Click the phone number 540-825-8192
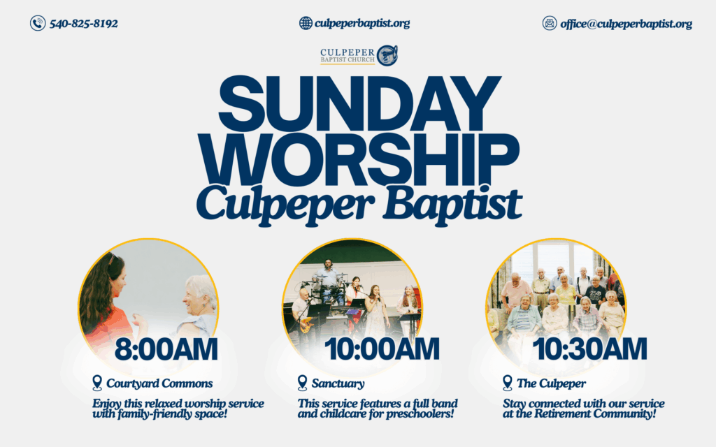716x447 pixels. point(84,23)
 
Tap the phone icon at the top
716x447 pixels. point(38,23)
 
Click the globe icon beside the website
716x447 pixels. point(306,23)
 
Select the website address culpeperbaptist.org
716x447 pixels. point(362,23)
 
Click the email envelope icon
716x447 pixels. point(550,23)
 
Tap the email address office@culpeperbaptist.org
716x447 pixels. point(626,24)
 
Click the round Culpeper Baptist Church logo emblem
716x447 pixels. point(387,55)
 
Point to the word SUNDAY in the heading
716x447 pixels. point(360,103)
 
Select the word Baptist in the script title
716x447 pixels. point(452,204)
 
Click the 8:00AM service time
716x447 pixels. point(166,349)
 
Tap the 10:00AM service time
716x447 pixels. point(382,349)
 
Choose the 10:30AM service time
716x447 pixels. point(589,349)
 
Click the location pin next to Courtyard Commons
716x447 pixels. point(96,383)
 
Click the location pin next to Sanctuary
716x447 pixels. point(302,383)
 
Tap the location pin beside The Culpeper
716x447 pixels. point(508,383)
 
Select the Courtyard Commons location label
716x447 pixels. point(159,383)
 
